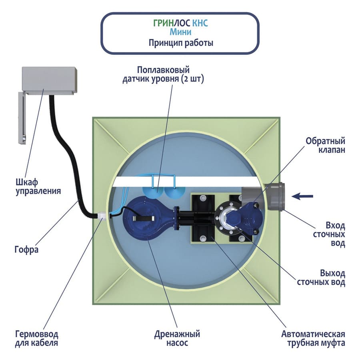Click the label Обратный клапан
click(x=325, y=146)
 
